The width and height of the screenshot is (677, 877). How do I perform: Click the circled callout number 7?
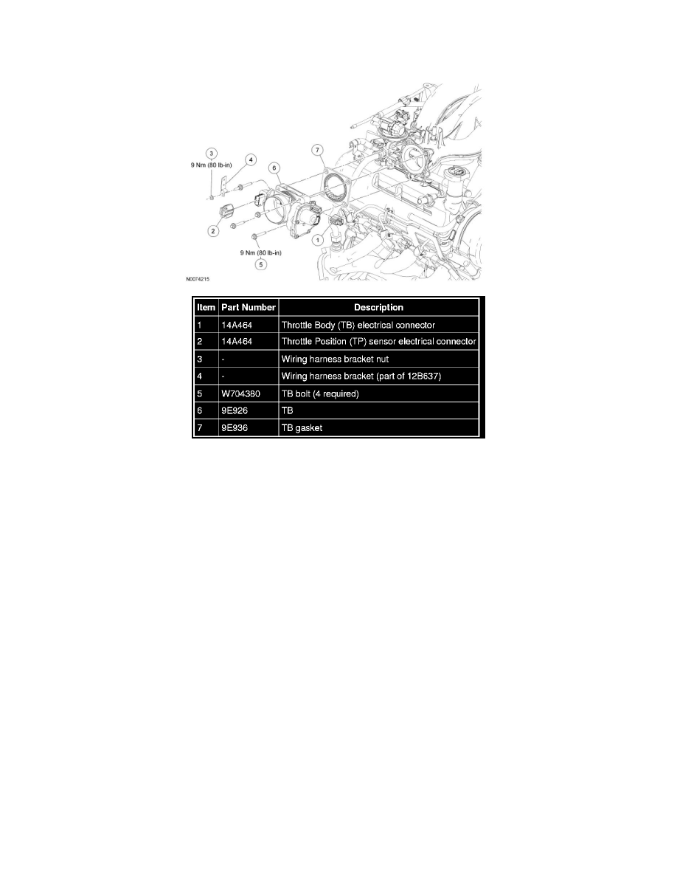[x=317, y=150]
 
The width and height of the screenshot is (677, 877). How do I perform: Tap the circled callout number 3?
[x=211, y=154]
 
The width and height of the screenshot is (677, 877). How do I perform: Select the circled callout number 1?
[x=317, y=240]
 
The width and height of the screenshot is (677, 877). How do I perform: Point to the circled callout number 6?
[x=274, y=168]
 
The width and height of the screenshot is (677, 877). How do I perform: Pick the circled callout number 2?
[x=213, y=231]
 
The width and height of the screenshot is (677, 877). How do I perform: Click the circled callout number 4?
[x=251, y=160]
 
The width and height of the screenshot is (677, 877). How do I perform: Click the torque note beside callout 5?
[x=261, y=252]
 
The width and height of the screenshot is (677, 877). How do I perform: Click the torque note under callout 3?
[x=211, y=165]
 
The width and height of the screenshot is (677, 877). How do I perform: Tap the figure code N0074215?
[x=198, y=278]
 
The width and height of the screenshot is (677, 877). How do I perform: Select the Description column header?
[x=379, y=307]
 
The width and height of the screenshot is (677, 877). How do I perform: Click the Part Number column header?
[x=249, y=307]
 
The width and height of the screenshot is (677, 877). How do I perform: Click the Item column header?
[x=206, y=307]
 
